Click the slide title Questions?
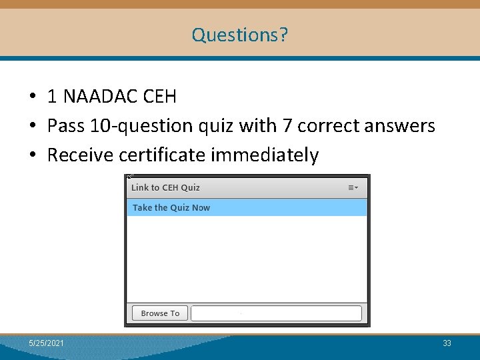coord(240,34)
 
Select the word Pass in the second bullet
coord(65,126)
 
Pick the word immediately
coord(265,155)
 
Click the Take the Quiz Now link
coord(171,208)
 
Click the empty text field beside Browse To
coord(276,313)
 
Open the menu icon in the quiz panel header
coord(353,188)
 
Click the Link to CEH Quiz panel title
coord(165,188)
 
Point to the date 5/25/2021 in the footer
coord(47,343)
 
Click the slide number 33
coord(447,343)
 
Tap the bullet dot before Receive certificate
coord(32,156)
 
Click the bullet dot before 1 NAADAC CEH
coord(32,97)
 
